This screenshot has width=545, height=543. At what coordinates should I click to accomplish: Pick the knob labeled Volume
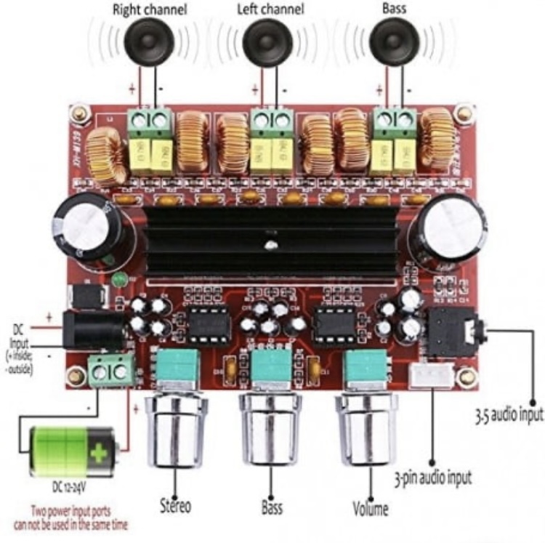point(366,433)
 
